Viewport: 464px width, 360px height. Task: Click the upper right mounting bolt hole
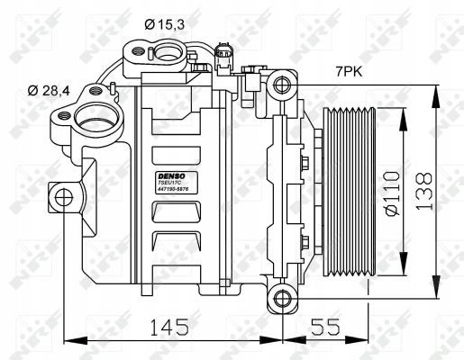[x=282, y=85]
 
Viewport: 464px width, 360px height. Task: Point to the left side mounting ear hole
[x=63, y=196]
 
